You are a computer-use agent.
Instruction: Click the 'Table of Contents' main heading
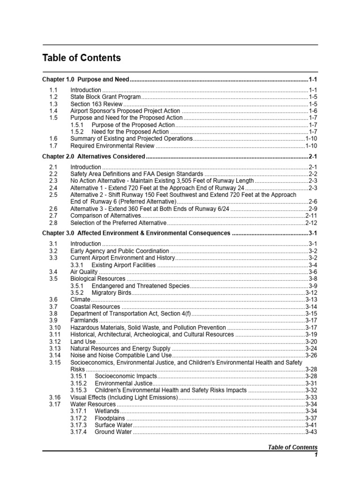82,58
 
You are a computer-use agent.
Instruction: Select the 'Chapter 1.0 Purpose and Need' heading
85,80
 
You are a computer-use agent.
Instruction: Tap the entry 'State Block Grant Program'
105,97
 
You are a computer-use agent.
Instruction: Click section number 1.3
53,104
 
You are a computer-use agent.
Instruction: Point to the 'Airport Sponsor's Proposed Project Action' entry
125,111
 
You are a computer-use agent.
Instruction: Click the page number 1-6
313,111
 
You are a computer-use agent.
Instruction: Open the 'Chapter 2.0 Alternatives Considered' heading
94,156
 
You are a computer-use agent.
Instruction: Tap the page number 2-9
313,208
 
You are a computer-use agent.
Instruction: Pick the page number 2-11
311,215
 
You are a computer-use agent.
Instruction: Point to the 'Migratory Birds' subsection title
111,292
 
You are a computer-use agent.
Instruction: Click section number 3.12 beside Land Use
55,342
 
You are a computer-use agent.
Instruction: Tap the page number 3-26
311,355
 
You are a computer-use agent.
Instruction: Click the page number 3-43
311,432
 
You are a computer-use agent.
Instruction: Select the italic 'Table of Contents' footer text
292,447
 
